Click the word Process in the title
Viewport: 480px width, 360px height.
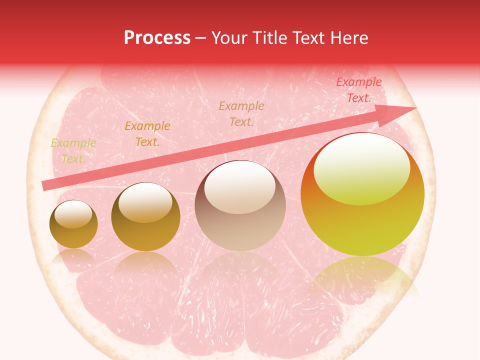[157, 38]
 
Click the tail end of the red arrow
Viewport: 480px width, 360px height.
[45, 185]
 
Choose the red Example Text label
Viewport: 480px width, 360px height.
[358, 90]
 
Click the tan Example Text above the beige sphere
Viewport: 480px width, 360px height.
[241, 113]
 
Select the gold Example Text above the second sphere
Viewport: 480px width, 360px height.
[147, 134]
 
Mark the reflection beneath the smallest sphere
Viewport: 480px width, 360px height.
[73, 257]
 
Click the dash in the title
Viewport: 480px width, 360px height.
[201, 38]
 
